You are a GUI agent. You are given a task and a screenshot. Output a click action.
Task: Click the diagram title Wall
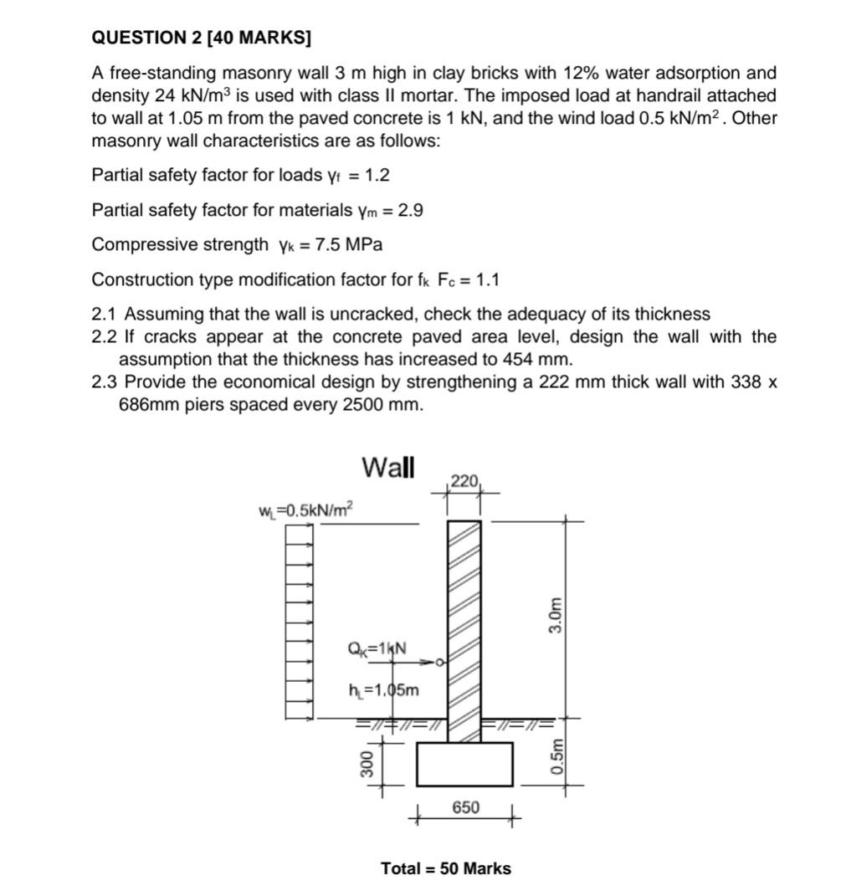387,467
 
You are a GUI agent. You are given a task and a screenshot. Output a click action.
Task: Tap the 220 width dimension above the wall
464,481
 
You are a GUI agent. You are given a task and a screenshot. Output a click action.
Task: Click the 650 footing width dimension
465,807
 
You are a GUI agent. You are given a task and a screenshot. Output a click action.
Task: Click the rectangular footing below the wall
464,764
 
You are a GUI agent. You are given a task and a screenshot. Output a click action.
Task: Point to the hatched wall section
464,619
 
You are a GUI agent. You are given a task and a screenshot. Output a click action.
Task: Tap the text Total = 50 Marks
445,868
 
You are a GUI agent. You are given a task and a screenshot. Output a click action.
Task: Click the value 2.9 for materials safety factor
410,210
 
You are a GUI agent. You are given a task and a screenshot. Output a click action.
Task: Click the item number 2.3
105,382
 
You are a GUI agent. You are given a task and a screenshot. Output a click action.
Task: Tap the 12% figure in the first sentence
573,73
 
